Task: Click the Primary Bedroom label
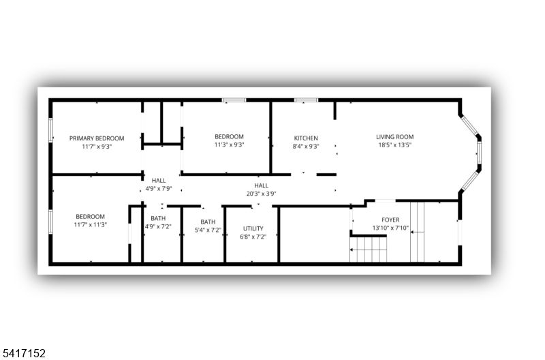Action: pyautogui.click(x=97, y=138)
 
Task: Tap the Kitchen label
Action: pyautogui.click(x=306, y=138)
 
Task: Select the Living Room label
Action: pyautogui.click(x=395, y=137)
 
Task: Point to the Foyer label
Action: pyautogui.click(x=390, y=220)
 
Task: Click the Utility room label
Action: pyautogui.click(x=253, y=228)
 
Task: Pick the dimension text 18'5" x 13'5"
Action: pyautogui.click(x=395, y=145)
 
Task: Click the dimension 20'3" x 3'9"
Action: pyautogui.click(x=261, y=194)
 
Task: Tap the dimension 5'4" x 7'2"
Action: pyautogui.click(x=208, y=230)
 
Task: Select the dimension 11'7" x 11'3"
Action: pyautogui.click(x=91, y=225)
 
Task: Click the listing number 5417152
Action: pyautogui.click(x=23, y=353)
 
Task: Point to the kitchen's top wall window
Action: pyautogui.click(x=306, y=100)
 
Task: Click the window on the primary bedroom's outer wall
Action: pyautogui.click(x=50, y=130)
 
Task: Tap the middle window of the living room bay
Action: pyautogui.click(x=479, y=153)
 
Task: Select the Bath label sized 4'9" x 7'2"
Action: pyautogui.click(x=158, y=218)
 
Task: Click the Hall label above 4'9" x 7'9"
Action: pyautogui.click(x=159, y=181)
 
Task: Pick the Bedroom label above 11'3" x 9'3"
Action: pyautogui.click(x=229, y=136)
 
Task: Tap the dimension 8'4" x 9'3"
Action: pyautogui.click(x=306, y=147)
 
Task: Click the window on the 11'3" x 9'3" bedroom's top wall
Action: pyautogui.click(x=234, y=100)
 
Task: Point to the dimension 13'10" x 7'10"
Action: pyautogui.click(x=390, y=228)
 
